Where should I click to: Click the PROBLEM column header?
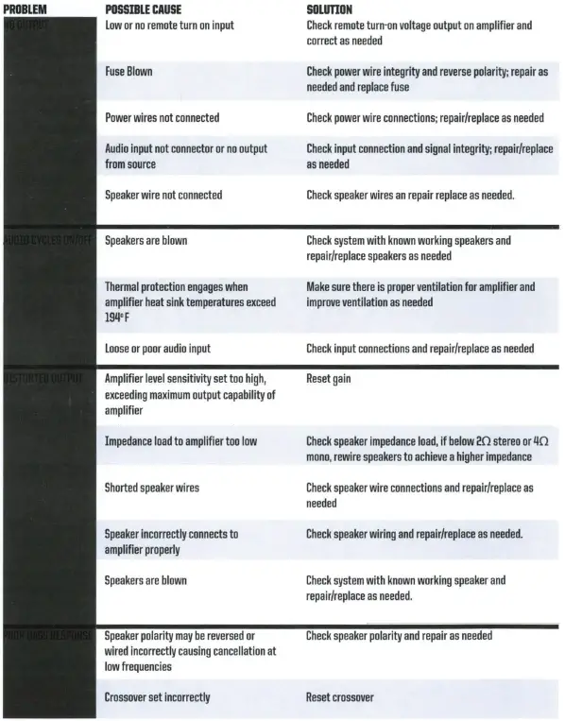(x=26, y=9)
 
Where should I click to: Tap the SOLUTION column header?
(x=330, y=9)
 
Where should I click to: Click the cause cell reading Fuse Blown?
(x=128, y=71)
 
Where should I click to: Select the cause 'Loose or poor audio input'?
(x=157, y=349)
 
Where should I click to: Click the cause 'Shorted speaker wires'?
(x=151, y=488)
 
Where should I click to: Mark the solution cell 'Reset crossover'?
(x=339, y=697)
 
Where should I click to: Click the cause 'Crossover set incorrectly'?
(x=157, y=697)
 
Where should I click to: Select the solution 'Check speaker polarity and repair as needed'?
(x=399, y=636)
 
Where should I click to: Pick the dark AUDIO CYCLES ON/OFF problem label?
(x=47, y=241)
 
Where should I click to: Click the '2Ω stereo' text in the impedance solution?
(x=504, y=441)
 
